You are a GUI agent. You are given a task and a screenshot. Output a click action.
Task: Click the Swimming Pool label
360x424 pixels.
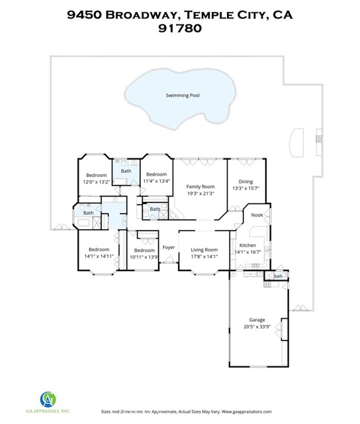(183, 95)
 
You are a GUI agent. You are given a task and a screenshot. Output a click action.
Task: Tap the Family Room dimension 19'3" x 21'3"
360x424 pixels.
(201, 193)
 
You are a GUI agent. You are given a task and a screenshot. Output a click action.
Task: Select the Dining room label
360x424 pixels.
(246, 182)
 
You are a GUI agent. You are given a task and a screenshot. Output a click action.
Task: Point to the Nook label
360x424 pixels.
(257, 215)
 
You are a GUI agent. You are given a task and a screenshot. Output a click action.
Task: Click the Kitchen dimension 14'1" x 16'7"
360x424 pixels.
(247, 252)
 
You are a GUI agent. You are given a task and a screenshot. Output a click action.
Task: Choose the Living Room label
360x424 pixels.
(204, 250)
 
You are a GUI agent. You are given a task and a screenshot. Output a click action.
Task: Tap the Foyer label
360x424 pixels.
(169, 247)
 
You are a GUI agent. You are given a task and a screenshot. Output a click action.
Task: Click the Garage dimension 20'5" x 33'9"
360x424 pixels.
(257, 327)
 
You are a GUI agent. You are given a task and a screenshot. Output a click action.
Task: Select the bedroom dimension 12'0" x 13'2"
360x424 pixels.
(97, 182)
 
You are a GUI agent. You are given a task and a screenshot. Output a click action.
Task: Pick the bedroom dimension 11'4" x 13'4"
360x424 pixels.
(157, 181)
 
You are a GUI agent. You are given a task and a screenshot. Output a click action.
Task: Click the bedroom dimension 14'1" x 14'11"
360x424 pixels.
(99, 256)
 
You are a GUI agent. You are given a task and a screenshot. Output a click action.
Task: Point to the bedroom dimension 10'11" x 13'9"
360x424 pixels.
(144, 257)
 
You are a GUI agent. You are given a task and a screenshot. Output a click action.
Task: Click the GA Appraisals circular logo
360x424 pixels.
(48, 399)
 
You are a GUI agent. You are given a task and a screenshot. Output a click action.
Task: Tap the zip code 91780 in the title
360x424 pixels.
(180, 28)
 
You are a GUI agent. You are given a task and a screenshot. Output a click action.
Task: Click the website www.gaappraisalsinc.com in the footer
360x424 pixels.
(247, 411)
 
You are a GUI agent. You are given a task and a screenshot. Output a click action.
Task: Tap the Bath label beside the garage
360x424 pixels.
(278, 276)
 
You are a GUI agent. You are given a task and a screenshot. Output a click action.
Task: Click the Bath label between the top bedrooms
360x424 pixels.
(126, 171)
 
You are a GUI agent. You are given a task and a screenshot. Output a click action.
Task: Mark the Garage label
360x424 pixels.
(257, 320)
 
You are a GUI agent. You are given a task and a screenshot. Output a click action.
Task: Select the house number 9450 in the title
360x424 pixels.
(84, 15)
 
